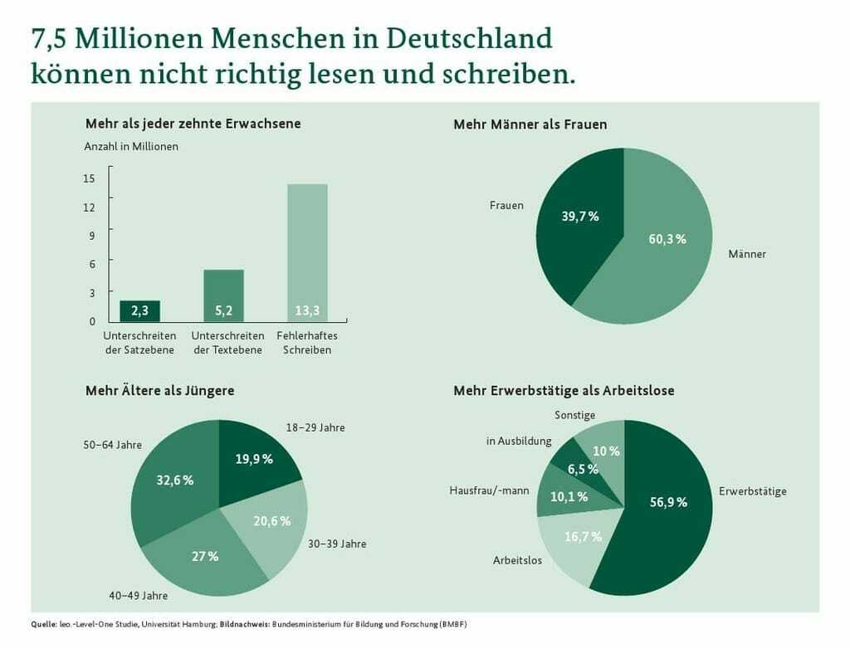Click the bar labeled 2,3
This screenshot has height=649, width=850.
(140, 310)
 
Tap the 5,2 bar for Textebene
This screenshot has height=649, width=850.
(223, 295)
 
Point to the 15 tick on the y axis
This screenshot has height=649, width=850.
(90, 178)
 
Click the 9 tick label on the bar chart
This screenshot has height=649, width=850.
(92, 236)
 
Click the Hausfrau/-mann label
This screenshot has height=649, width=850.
(489, 490)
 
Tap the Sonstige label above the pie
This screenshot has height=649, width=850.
(575, 414)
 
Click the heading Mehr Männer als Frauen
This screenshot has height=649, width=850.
(530, 124)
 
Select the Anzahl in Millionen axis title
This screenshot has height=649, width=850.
(131, 146)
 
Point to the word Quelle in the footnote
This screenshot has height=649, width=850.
(44, 624)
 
